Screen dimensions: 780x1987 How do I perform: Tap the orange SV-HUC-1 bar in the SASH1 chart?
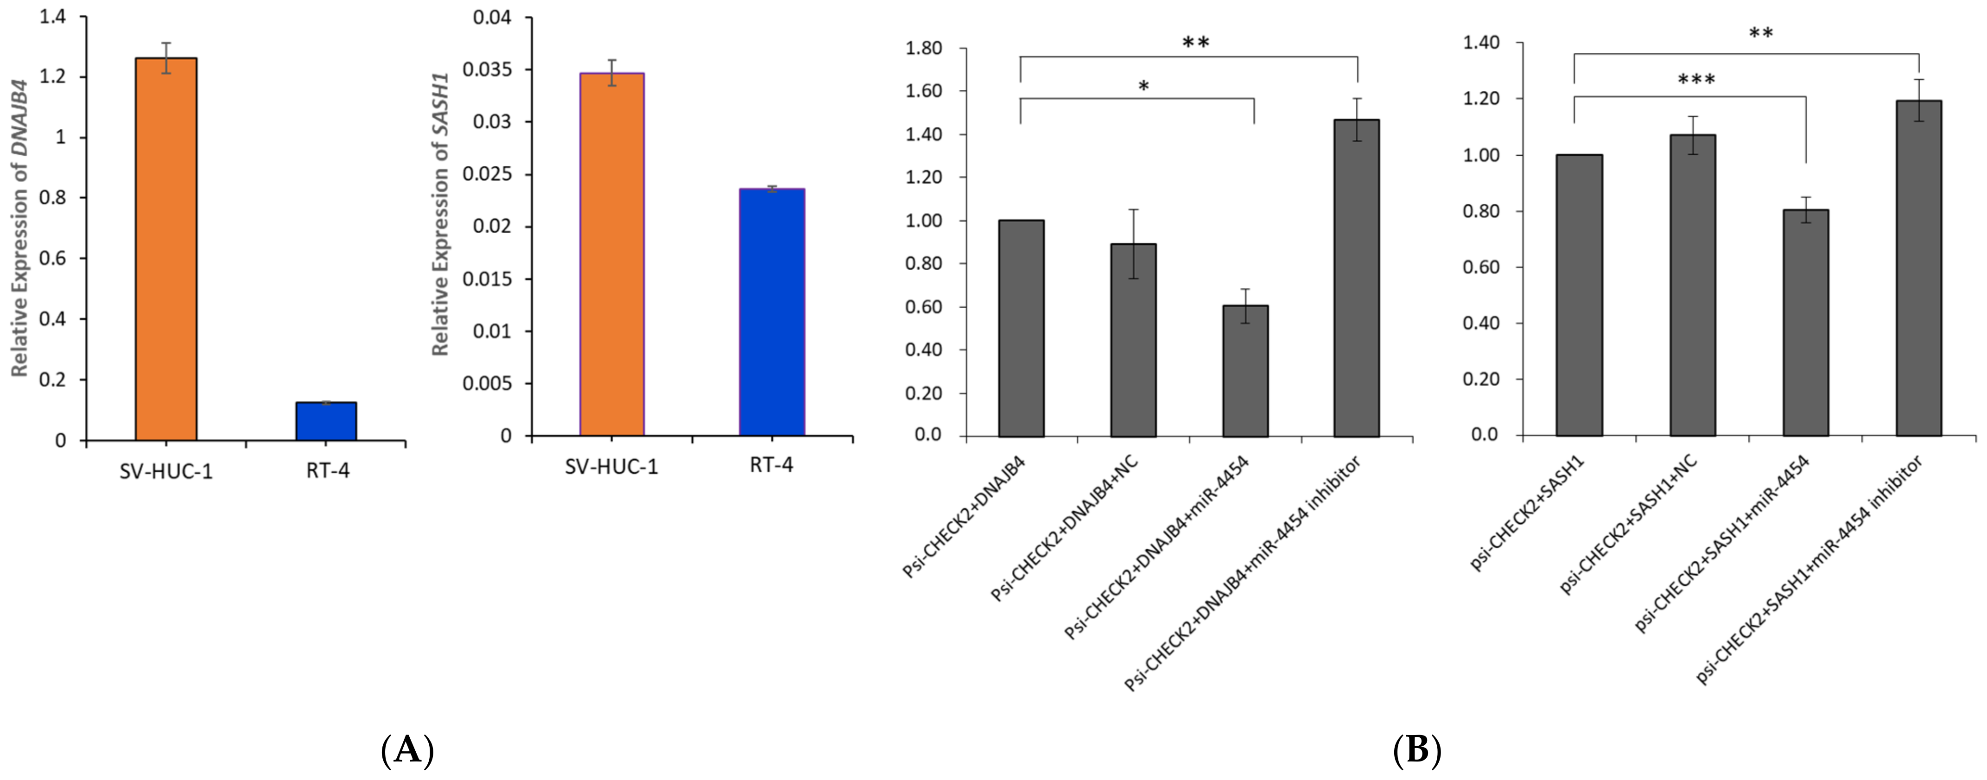612,254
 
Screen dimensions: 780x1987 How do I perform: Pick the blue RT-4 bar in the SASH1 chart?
771,312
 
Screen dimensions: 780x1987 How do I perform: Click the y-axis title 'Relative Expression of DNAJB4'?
20,228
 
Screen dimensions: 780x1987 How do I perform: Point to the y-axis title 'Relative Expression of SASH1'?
440,215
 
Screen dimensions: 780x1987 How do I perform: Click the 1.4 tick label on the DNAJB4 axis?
52,17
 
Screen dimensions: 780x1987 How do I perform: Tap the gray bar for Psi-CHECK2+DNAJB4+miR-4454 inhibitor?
1357,278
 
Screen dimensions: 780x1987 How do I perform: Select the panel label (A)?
407,749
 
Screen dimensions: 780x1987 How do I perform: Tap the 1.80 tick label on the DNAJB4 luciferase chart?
923,48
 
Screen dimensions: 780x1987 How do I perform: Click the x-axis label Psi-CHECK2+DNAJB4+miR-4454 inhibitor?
1242,575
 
